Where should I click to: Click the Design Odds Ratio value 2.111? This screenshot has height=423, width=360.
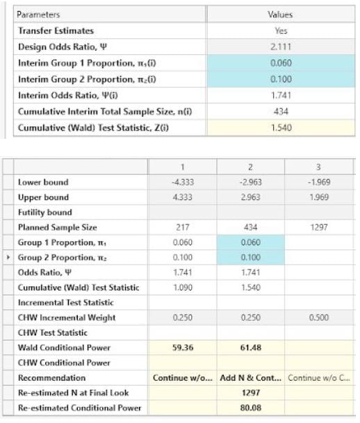coord(280,46)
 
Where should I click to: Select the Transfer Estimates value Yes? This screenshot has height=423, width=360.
coord(280,30)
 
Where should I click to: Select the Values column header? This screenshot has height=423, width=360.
coord(280,14)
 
